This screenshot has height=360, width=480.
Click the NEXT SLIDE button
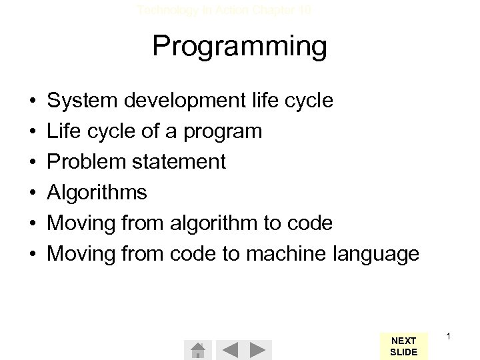(x=403, y=347)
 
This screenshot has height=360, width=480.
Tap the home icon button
(x=197, y=349)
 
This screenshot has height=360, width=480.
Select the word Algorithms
(x=97, y=193)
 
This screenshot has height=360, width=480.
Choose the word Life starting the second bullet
(x=63, y=131)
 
